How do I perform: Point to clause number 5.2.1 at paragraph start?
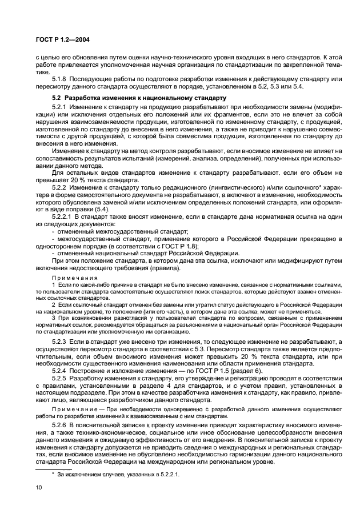coord(59,107)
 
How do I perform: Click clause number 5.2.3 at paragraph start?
coord(59,340)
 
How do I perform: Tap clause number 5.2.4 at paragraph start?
coord(59,370)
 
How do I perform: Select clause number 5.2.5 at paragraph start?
coord(59,378)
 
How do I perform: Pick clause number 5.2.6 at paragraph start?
coord(59,425)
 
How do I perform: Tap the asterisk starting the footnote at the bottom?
coord(53,474)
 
